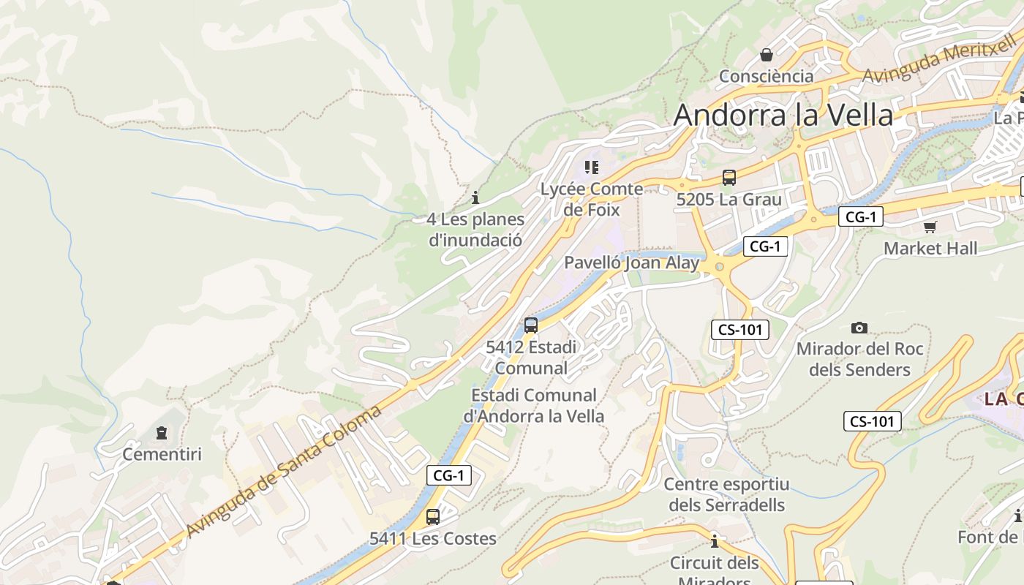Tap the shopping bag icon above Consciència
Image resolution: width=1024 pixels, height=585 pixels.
pos(766,55)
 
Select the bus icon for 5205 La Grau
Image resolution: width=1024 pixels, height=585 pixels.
pos(729,177)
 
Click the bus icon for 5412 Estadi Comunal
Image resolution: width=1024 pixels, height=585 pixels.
pos(531,325)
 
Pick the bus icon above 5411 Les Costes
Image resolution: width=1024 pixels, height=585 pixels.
pos(432,517)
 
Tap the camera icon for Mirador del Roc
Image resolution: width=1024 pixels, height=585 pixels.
pos(859,328)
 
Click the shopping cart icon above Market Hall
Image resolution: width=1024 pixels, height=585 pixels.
pos(930,227)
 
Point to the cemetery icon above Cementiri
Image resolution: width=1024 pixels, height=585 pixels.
pos(162,433)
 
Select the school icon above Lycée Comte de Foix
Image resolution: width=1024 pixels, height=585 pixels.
pos(592,167)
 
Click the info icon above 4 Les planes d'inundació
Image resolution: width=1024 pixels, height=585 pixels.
pos(475,197)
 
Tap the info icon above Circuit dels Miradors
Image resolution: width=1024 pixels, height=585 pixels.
pos(715,541)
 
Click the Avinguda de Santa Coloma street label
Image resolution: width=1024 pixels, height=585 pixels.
pos(284,471)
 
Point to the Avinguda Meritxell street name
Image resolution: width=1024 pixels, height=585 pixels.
pos(939,64)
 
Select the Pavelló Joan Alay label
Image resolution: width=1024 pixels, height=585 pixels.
pos(631,263)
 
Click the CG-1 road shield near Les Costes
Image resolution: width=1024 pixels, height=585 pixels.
pos(448,475)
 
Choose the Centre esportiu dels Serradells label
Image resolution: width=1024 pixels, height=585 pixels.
pos(726,494)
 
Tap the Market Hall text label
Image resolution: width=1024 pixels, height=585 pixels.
pos(930,249)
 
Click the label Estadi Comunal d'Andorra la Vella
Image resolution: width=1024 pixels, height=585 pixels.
pos(533,406)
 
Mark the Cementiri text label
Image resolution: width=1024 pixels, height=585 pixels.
pos(162,454)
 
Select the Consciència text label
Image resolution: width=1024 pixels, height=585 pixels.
pos(766,76)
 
